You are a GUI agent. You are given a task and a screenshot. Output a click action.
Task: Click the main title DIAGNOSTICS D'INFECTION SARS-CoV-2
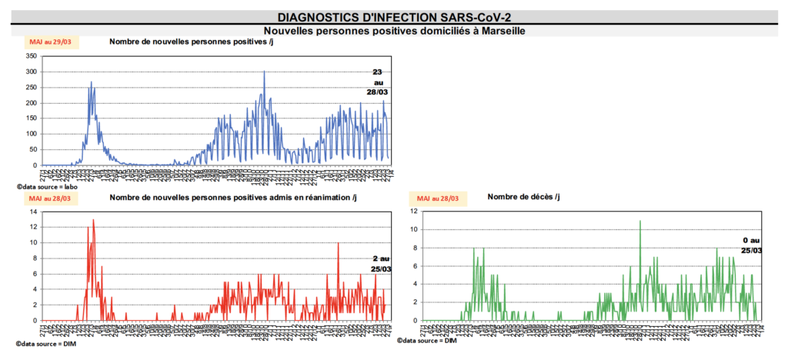[393, 17]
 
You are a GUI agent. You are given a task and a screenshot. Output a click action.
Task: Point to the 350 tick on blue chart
[31, 56]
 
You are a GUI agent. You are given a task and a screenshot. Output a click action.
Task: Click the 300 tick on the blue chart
[31, 72]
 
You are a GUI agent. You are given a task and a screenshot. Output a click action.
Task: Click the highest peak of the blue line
[264, 72]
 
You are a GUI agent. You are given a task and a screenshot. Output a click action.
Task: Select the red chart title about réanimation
[233, 198]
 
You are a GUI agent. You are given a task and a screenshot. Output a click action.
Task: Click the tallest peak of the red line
[93, 220]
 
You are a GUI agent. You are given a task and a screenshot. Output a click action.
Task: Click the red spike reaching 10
[338, 243]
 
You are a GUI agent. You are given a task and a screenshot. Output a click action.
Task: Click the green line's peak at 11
[639, 221]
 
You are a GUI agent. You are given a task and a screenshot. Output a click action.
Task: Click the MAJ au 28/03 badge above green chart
[439, 198]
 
